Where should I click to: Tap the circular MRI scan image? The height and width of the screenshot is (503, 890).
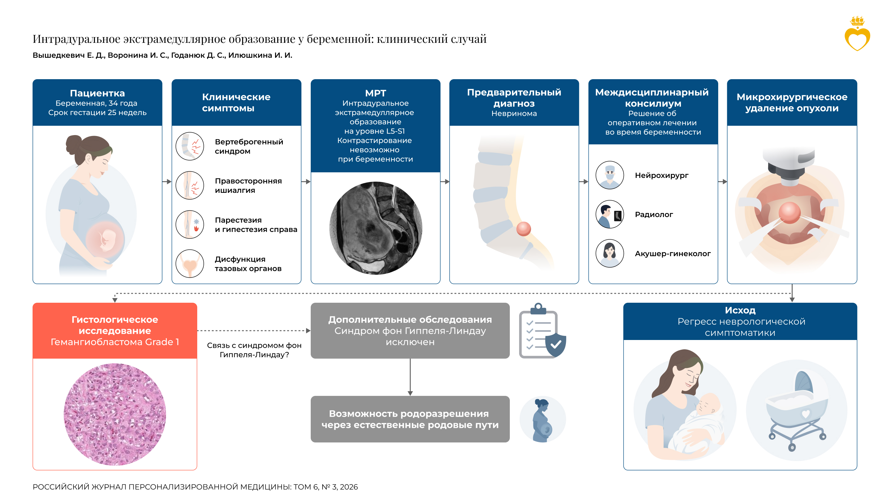tap(376, 228)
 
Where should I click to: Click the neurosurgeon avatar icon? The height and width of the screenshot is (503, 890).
tap(609, 175)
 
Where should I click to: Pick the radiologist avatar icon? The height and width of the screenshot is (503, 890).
tap(609, 214)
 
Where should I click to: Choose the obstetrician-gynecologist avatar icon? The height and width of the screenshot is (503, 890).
tap(609, 253)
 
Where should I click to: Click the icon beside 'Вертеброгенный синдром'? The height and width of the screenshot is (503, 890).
tap(190, 146)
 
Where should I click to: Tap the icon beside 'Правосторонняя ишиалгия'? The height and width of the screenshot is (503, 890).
tap(190, 185)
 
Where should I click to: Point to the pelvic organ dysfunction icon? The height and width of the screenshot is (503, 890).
tap(190, 263)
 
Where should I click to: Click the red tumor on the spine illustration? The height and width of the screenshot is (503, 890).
tap(523, 229)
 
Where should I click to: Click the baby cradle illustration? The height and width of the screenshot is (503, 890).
tap(797, 411)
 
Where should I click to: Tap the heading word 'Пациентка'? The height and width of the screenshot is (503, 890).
tap(97, 93)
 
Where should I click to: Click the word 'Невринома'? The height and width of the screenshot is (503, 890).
tap(514, 113)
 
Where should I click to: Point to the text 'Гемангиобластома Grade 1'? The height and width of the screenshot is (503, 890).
tap(115, 342)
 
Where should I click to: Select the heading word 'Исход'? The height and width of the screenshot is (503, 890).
tap(740, 310)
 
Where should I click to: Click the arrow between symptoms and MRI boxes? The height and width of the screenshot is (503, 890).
tap(306, 182)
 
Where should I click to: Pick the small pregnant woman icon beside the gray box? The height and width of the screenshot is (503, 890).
tap(542, 419)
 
